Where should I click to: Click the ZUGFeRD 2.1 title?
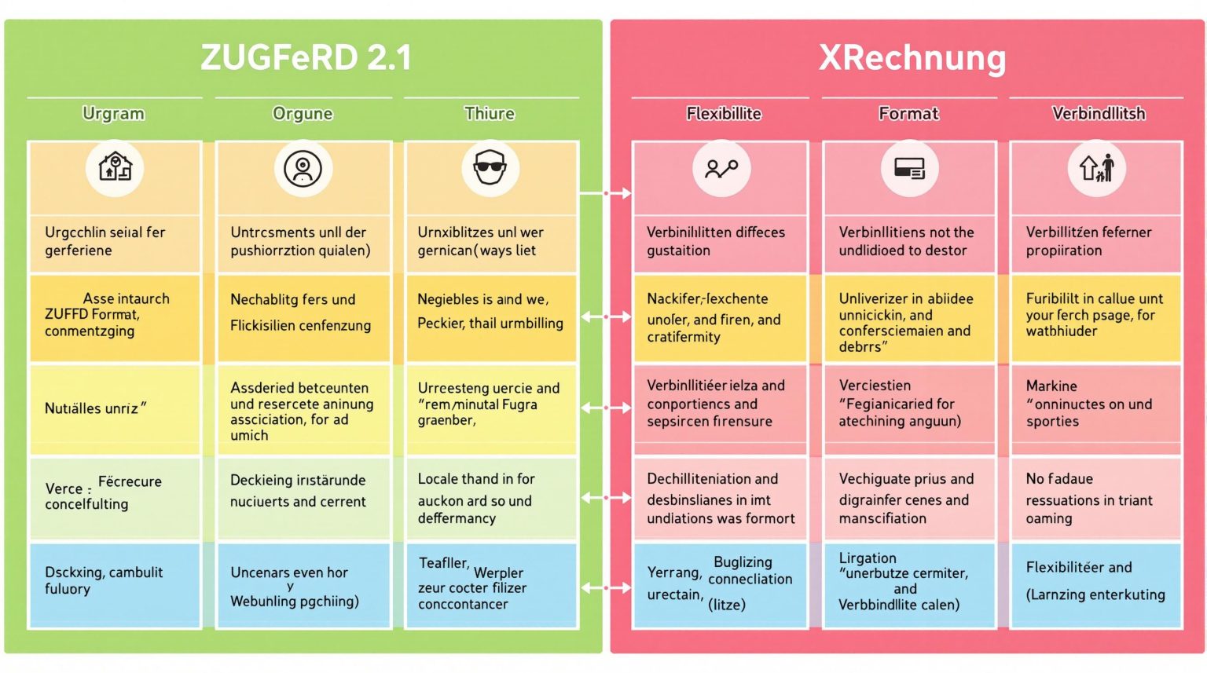pyautogui.click(x=306, y=57)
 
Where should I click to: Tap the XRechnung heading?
pyautogui.click(x=912, y=57)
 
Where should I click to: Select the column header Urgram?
pyautogui.click(x=114, y=114)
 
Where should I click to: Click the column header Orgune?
pyautogui.click(x=303, y=114)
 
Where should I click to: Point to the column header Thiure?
pyautogui.click(x=490, y=114)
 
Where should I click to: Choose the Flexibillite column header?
pyautogui.click(x=724, y=114)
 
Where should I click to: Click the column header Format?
pyautogui.click(x=908, y=114)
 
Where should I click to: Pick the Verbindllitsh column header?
pyautogui.click(x=1098, y=114)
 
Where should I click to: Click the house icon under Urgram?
pyautogui.click(x=115, y=167)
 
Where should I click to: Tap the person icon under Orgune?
pyautogui.click(x=303, y=168)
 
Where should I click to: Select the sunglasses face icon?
pyautogui.click(x=490, y=167)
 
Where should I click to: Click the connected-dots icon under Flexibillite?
pyautogui.click(x=721, y=168)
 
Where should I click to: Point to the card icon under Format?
pyautogui.click(x=909, y=168)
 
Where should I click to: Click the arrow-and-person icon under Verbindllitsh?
pyautogui.click(x=1097, y=168)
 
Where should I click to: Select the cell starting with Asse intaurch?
pyautogui.click(x=115, y=315)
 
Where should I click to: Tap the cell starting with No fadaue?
pyautogui.click(x=1095, y=499)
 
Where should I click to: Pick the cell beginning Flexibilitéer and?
pyautogui.click(x=1095, y=581)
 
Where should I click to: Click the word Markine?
pyautogui.click(x=1051, y=386)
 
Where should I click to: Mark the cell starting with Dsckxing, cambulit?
pyautogui.click(x=115, y=581)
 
